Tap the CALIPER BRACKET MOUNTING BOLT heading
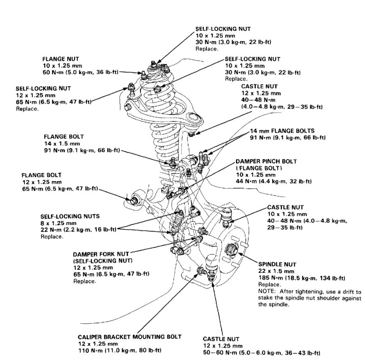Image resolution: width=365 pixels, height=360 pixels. [x=130, y=337]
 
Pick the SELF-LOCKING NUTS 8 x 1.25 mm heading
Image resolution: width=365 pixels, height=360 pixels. [x=70, y=216]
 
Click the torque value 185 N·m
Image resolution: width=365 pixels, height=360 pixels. [x=269, y=278]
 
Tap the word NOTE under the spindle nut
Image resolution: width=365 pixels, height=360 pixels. [x=265, y=291]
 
